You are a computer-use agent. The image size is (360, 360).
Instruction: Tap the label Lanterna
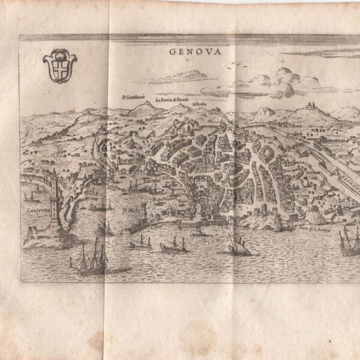point(35,211)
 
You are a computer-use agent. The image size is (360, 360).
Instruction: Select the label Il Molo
point(131,211)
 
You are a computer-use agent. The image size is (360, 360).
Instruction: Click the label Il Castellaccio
point(134,97)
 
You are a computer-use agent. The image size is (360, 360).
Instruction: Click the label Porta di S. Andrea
point(312,229)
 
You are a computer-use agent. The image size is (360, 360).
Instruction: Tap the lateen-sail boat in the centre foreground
point(239,245)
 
